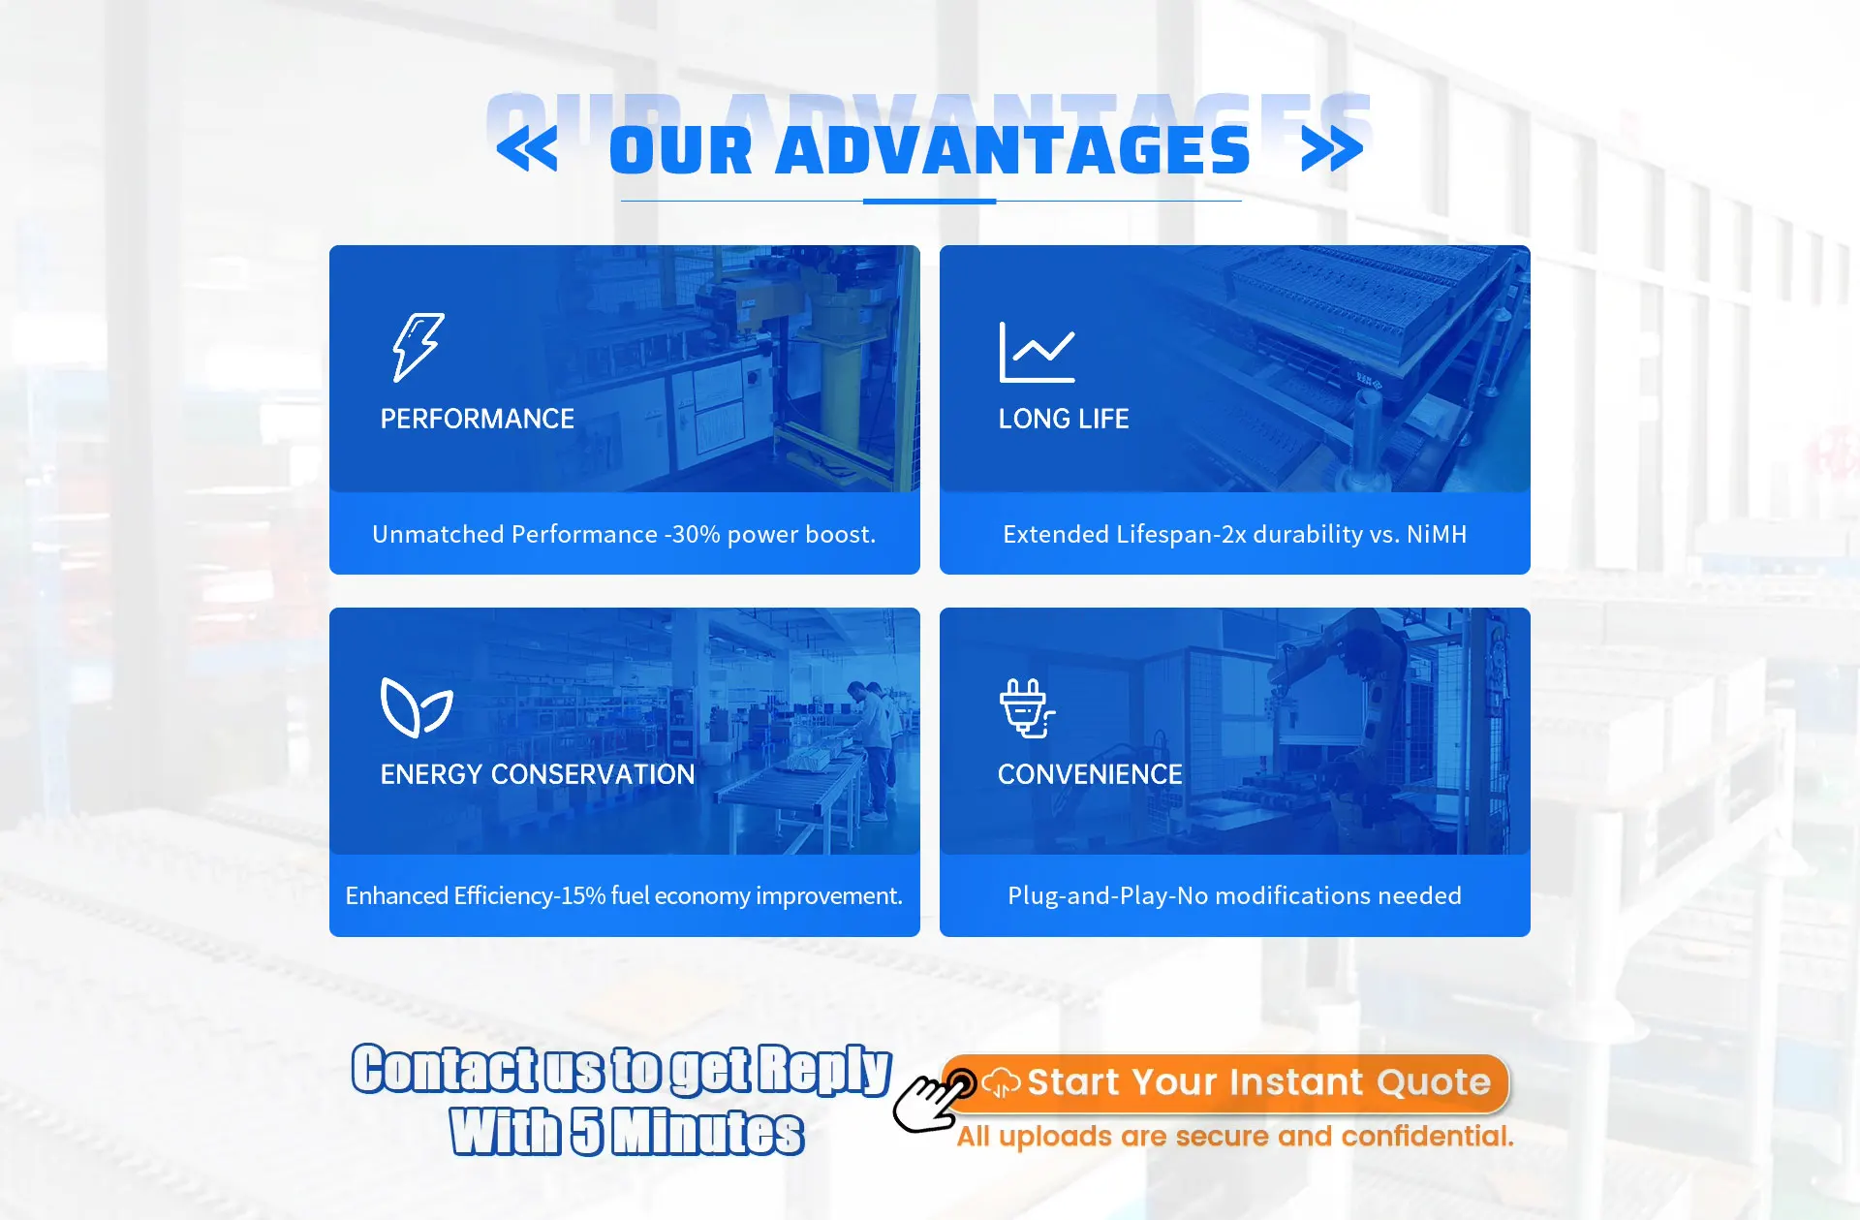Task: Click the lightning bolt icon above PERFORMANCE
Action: pyautogui.click(x=417, y=347)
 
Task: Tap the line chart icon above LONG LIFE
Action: pyautogui.click(x=1037, y=352)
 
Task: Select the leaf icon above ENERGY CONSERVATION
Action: pyautogui.click(x=417, y=707)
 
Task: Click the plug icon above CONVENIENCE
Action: pyautogui.click(x=1027, y=708)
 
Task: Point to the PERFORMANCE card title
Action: pyautogui.click(x=478, y=419)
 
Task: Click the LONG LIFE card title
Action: pyautogui.click(x=1064, y=419)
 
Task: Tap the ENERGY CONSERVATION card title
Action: pyautogui.click(x=538, y=774)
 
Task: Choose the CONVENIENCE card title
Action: pyautogui.click(x=1090, y=774)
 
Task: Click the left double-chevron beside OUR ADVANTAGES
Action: pyautogui.click(x=527, y=149)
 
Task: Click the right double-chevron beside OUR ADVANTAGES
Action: pyautogui.click(x=1332, y=149)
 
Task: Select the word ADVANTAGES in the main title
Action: pyautogui.click(x=1013, y=150)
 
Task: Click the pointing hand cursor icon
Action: pyautogui.click(x=933, y=1101)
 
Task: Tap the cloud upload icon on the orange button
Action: pyautogui.click(x=1001, y=1082)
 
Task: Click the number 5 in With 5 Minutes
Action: pyautogui.click(x=586, y=1131)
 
